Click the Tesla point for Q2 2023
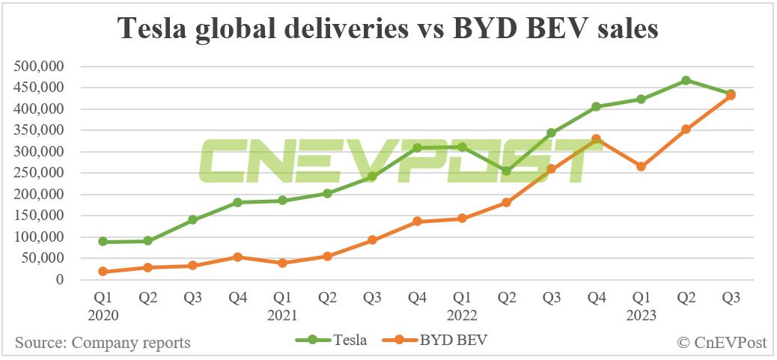[686, 80]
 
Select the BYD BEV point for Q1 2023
[641, 166]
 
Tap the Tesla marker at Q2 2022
[507, 171]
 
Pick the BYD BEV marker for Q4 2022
[597, 139]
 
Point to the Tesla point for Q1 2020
[103, 242]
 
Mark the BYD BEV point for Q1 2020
[103, 272]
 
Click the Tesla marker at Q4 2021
[417, 148]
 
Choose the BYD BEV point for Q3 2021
[372, 240]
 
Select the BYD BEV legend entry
[439, 341]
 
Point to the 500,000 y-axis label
[39, 67]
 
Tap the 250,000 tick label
[39, 173]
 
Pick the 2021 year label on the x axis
[282, 315]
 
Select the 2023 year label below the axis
[641, 315]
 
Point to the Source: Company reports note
[103, 343]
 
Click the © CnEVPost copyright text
[722, 343]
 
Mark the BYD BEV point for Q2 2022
[507, 202]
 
